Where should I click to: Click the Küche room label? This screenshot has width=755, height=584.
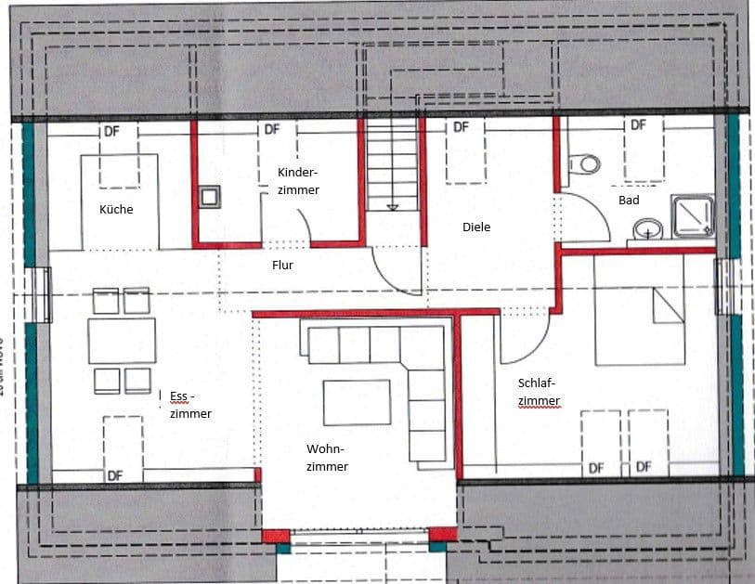pyautogui.click(x=116, y=209)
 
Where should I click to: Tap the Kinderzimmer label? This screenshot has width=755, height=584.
pyautogui.click(x=298, y=181)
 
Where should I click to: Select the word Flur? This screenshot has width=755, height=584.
pyautogui.click(x=282, y=264)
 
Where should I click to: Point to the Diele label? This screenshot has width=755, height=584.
pyautogui.click(x=476, y=227)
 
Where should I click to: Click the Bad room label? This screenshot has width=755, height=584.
pyautogui.click(x=629, y=200)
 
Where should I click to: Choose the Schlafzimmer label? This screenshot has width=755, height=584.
pyautogui.click(x=540, y=391)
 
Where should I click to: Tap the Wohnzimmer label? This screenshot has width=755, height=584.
pyautogui.click(x=327, y=458)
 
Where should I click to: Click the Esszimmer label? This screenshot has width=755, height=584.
pyautogui.click(x=190, y=406)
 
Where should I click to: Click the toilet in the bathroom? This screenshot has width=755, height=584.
pyautogui.click(x=588, y=163)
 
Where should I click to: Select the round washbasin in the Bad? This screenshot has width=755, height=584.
pyautogui.click(x=648, y=227)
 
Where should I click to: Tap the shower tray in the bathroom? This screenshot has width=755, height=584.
pyautogui.click(x=693, y=215)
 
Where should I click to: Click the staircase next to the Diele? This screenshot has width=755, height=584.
pyautogui.click(x=392, y=168)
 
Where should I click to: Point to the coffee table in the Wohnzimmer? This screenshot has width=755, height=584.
pyautogui.click(x=357, y=402)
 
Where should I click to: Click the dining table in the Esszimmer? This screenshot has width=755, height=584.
pyautogui.click(x=122, y=341)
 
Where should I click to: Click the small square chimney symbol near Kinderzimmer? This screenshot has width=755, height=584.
pyautogui.click(x=210, y=195)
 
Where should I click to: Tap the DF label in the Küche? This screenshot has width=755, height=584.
pyautogui.click(x=112, y=131)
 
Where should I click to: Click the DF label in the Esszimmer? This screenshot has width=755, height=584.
pyautogui.click(x=114, y=475)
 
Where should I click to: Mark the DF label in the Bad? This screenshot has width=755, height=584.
pyautogui.click(x=638, y=124)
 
